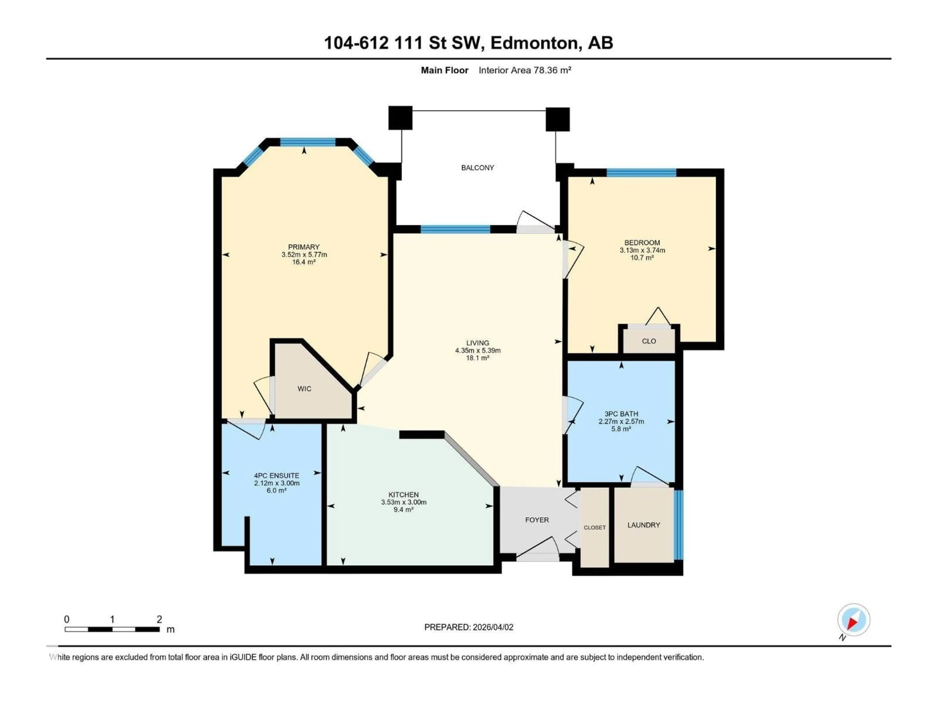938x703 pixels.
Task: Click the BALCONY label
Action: [478, 168]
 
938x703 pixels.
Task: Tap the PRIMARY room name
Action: [304, 247]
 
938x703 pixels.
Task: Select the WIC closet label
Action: [304, 389]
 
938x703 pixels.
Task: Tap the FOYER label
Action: [537, 520]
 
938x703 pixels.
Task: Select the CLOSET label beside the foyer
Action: [595, 527]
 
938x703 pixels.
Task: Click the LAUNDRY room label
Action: [644, 525]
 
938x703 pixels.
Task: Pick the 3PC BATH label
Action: [621, 414]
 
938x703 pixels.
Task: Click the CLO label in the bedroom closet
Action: [649, 341]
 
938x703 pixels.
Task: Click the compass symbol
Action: [854, 620]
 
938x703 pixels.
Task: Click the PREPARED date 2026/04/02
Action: [492, 627]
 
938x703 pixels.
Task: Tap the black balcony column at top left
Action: [400, 118]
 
